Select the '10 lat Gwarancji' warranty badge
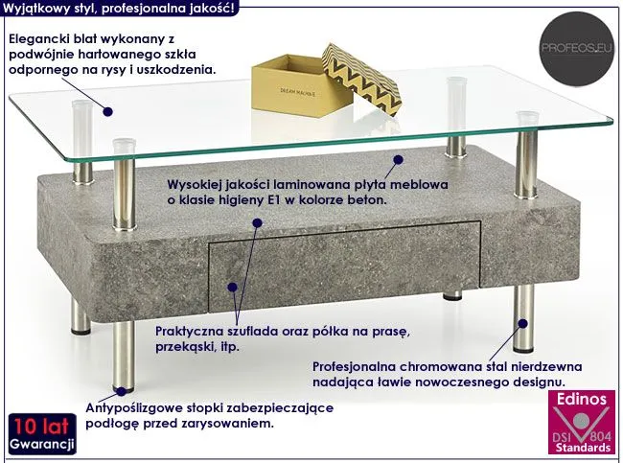[x=39, y=435]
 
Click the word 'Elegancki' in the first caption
[x=38, y=38]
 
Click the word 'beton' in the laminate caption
[x=367, y=200]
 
